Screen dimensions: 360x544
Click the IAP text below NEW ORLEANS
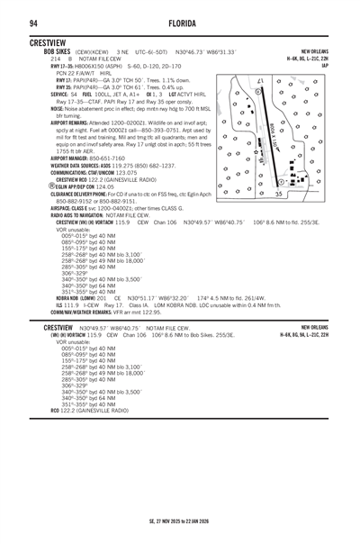(325, 66)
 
